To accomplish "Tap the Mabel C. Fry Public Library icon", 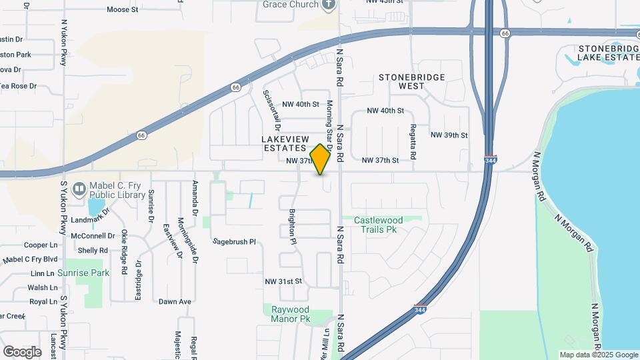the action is point(79,190).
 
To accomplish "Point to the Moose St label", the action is point(122,10).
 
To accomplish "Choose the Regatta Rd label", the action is point(413,141).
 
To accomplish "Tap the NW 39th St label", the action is point(449,135).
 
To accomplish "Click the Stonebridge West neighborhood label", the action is point(411,81).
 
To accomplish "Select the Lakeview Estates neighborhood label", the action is point(284,143).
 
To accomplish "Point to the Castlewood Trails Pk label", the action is point(379,225).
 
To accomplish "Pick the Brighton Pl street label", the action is point(292,227).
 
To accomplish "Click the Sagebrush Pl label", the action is point(234,241).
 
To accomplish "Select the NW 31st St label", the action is point(283,281).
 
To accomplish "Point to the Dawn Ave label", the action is point(175,301).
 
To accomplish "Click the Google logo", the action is point(22,351).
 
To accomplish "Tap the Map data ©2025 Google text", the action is point(598,355).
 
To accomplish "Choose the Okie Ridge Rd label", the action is point(124,253).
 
